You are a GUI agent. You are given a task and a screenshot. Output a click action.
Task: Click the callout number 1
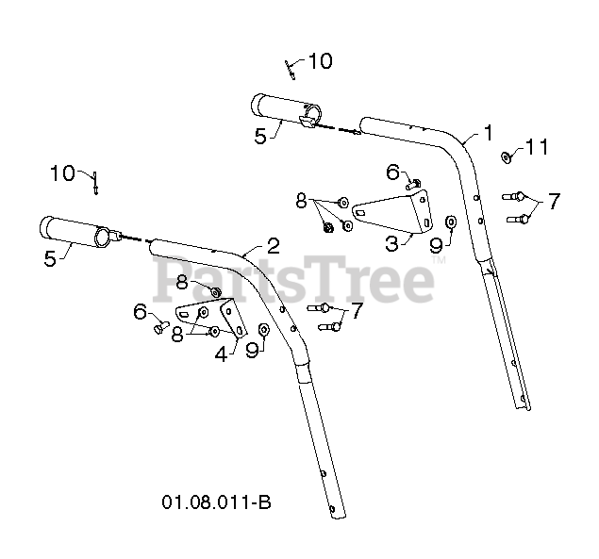[488, 131]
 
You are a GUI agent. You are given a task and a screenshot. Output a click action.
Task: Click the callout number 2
[273, 246]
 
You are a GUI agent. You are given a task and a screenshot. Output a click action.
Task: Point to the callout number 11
[537, 147]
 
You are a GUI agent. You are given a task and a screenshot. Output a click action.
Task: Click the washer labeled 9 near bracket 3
[451, 222]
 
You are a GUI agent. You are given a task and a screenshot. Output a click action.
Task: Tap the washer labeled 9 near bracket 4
[265, 329]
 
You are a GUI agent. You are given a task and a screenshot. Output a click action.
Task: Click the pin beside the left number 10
[96, 182]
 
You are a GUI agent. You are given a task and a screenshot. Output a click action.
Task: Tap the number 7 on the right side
[553, 201]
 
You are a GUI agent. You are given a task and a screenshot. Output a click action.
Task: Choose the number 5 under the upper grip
[261, 136]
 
